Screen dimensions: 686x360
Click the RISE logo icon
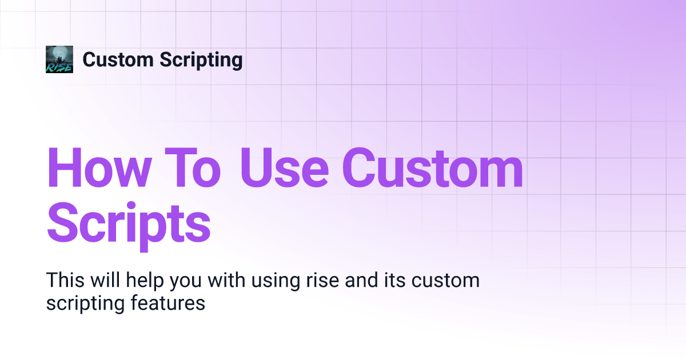coord(59,59)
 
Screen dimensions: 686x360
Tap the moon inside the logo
coord(59,54)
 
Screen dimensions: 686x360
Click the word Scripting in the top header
coord(201,60)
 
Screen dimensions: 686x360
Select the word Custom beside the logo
coord(118,59)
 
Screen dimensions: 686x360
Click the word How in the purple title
coord(99,167)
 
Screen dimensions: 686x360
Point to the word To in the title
coord(193,167)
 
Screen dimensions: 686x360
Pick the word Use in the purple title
coord(285,167)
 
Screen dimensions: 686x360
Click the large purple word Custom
coord(432,167)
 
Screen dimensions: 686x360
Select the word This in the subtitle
coord(65,280)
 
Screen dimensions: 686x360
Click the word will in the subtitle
coord(105,280)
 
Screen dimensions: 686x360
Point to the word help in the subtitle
coord(145,281)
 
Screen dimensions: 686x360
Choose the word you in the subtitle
coord(186,283)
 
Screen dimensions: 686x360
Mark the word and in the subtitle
coord(362,280)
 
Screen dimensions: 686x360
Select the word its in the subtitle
coord(395,280)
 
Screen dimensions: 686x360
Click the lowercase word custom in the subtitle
coord(445,281)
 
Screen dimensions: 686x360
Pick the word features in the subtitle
coord(168,303)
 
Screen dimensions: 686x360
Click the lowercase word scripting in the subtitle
coord(85,304)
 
